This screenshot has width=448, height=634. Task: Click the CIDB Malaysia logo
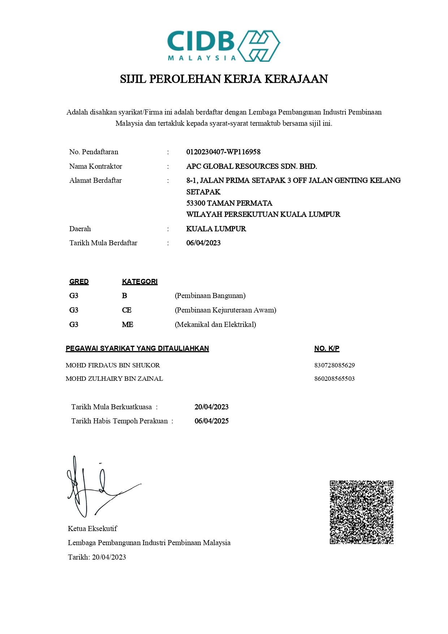224,46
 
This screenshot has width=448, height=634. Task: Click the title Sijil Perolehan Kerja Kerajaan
224,79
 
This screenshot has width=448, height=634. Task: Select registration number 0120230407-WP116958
223,152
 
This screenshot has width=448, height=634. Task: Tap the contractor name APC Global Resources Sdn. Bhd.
251,166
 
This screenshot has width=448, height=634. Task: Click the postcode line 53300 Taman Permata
229,203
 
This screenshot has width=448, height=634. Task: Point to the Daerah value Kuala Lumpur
216,229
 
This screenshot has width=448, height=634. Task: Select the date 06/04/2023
203,243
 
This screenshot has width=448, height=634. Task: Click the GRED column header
79,281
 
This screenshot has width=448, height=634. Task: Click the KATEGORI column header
139,281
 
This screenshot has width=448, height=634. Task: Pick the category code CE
127,310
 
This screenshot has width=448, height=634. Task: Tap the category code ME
128,324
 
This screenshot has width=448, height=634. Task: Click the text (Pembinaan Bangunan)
210,296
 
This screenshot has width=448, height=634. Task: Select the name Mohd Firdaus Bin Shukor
113,365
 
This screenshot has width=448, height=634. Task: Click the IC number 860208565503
334,379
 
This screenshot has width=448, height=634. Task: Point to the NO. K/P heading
327,348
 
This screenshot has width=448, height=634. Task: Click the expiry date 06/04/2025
211,421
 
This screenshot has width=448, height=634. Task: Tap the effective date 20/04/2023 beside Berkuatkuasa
211,407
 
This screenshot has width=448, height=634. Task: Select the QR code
361,512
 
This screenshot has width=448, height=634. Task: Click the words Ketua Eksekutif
92,529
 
